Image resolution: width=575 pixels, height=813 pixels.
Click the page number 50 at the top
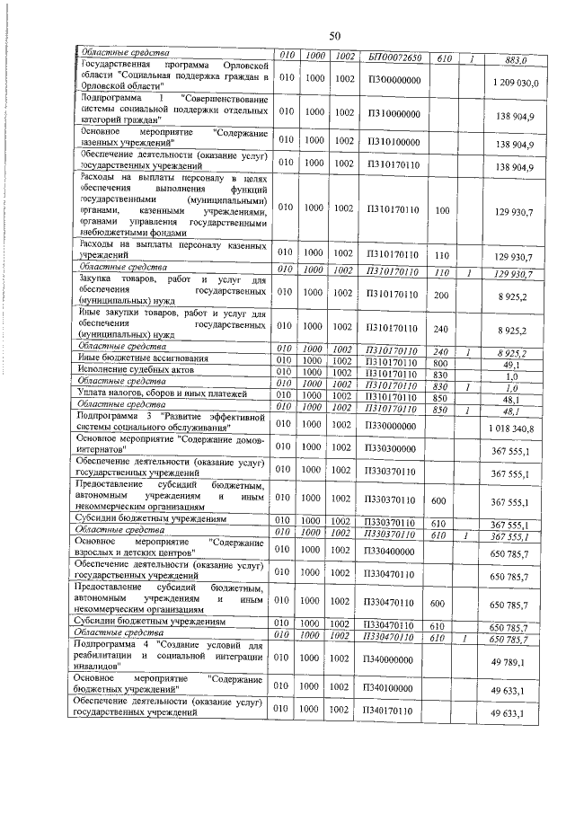click(x=333, y=36)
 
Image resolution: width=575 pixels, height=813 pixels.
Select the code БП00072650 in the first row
click(x=394, y=57)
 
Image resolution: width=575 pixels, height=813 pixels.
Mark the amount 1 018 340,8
click(x=512, y=429)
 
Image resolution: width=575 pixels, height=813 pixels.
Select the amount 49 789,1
click(x=516, y=662)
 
